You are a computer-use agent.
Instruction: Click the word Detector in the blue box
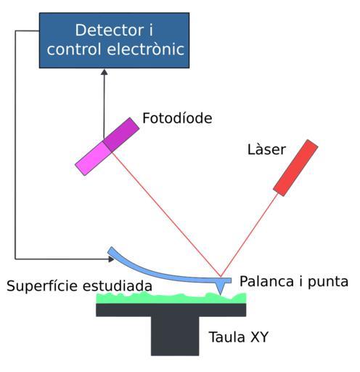click(x=110, y=30)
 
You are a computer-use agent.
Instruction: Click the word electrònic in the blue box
click(x=145, y=49)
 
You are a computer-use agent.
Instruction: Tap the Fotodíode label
click(x=177, y=118)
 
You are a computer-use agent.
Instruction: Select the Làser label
click(x=266, y=149)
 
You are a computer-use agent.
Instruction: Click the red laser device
click(x=295, y=168)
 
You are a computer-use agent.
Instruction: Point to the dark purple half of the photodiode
click(x=121, y=134)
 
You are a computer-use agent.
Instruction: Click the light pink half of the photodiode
click(x=93, y=158)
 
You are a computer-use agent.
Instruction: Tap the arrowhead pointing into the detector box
click(x=105, y=72)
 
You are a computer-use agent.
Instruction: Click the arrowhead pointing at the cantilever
click(x=111, y=259)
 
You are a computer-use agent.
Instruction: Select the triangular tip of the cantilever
click(x=220, y=288)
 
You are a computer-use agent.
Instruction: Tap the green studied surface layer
click(x=171, y=298)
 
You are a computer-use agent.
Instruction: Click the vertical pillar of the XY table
click(x=175, y=336)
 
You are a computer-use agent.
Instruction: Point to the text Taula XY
click(x=239, y=337)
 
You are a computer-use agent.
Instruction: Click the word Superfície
click(x=42, y=286)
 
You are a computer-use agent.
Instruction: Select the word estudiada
click(x=118, y=286)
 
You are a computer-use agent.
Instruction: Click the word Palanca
click(x=266, y=281)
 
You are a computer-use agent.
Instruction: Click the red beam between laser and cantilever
click(x=249, y=235)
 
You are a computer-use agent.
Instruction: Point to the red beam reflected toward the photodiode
click(x=166, y=214)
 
